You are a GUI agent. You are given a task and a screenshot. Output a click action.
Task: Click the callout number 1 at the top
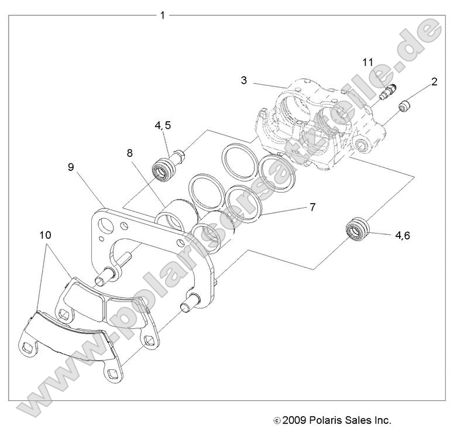click(162, 15)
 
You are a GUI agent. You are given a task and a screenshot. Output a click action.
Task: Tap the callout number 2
click(434, 82)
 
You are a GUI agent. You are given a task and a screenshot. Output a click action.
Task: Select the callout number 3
click(243, 80)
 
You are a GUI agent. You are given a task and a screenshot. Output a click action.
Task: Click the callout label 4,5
click(164, 125)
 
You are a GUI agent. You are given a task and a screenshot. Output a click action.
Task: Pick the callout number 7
click(312, 207)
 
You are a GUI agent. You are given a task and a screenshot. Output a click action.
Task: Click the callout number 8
click(130, 154)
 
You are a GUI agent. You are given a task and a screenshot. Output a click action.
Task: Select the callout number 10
click(45, 235)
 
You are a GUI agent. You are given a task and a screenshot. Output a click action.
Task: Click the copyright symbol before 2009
click(277, 420)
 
